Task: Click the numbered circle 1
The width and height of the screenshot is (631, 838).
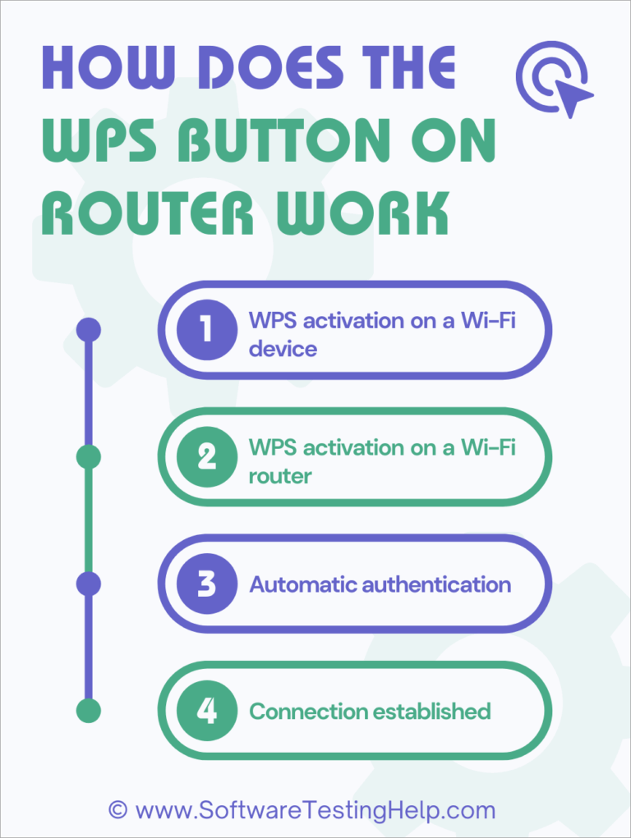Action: pyautogui.click(x=206, y=330)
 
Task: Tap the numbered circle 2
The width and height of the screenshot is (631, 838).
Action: pyautogui.click(x=206, y=456)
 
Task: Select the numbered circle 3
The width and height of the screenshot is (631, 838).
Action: pyautogui.click(x=206, y=584)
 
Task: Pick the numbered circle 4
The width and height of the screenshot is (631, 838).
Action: pyautogui.click(x=206, y=710)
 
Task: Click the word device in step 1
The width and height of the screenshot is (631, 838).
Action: pyautogui.click(x=283, y=349)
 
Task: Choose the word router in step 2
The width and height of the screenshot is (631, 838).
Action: pyautogui.click(x=279, y=475)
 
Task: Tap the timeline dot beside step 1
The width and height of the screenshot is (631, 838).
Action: pyautogui.click(x=88, y=330)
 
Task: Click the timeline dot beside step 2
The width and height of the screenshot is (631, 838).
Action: pyautogui.click(x=88, y=456)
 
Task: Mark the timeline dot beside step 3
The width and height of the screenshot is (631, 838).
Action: pyautogui.click(x=88, y=584)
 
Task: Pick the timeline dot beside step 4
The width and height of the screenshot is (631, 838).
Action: pyautogui.click(x=88, y=710)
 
